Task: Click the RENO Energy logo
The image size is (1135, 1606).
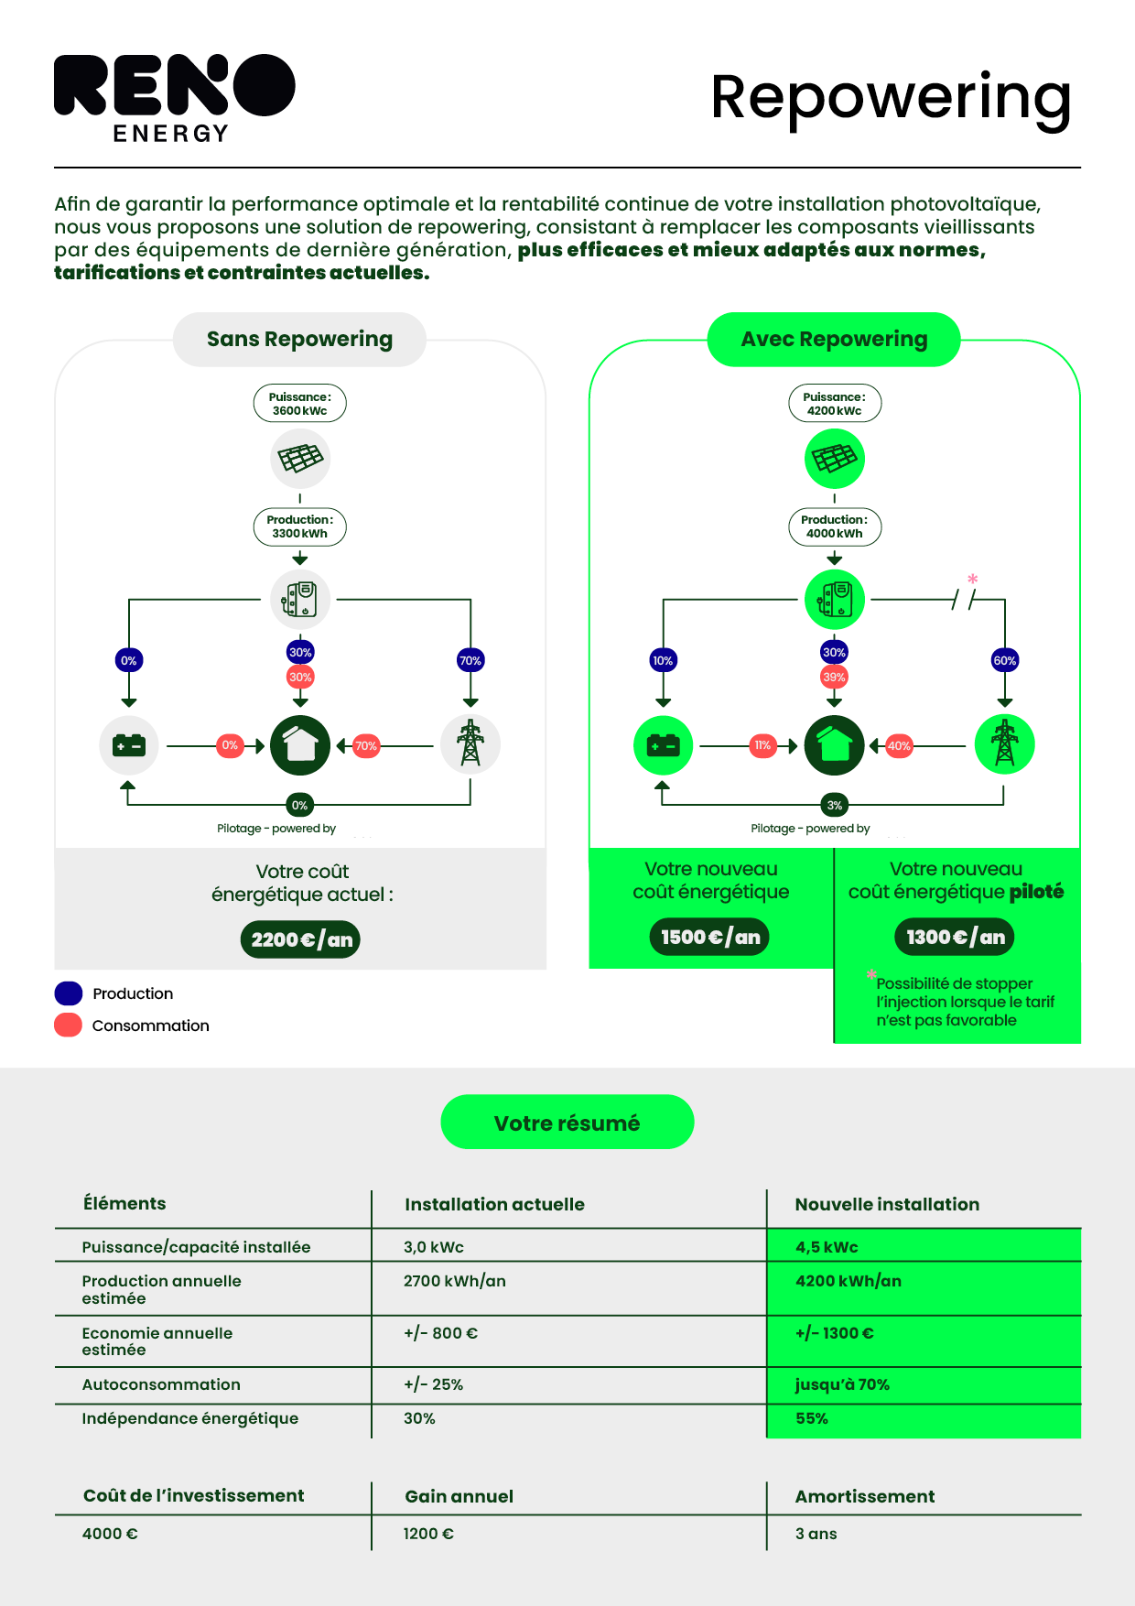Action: click(174, 97)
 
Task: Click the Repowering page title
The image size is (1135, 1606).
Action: click(890, 98)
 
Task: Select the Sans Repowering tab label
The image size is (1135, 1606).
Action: click(299, 340)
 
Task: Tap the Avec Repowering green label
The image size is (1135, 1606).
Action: click(834, 340)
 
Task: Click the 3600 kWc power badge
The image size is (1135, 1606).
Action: click(300, 404)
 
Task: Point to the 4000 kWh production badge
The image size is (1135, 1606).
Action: click(835, 526)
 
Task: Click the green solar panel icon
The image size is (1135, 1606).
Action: click(835, 459)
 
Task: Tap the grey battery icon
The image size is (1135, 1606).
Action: click(129, 745)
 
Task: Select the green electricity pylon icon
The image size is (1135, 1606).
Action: click(1004, 744)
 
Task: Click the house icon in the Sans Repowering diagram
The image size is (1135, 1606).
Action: click(300, 745)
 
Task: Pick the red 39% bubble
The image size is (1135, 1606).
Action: click(834, 678)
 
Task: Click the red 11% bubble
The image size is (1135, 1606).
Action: click(762, 745)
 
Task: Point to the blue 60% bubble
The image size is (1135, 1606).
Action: click(1005, 660)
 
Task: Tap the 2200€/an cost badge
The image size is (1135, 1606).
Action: click(300, 939)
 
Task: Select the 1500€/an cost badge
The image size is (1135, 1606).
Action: click(710, 937)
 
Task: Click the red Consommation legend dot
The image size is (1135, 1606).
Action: click(69, 1025)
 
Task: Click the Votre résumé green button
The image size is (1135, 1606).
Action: click(567, 1123)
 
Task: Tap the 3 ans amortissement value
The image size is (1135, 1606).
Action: click(816, 1534)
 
